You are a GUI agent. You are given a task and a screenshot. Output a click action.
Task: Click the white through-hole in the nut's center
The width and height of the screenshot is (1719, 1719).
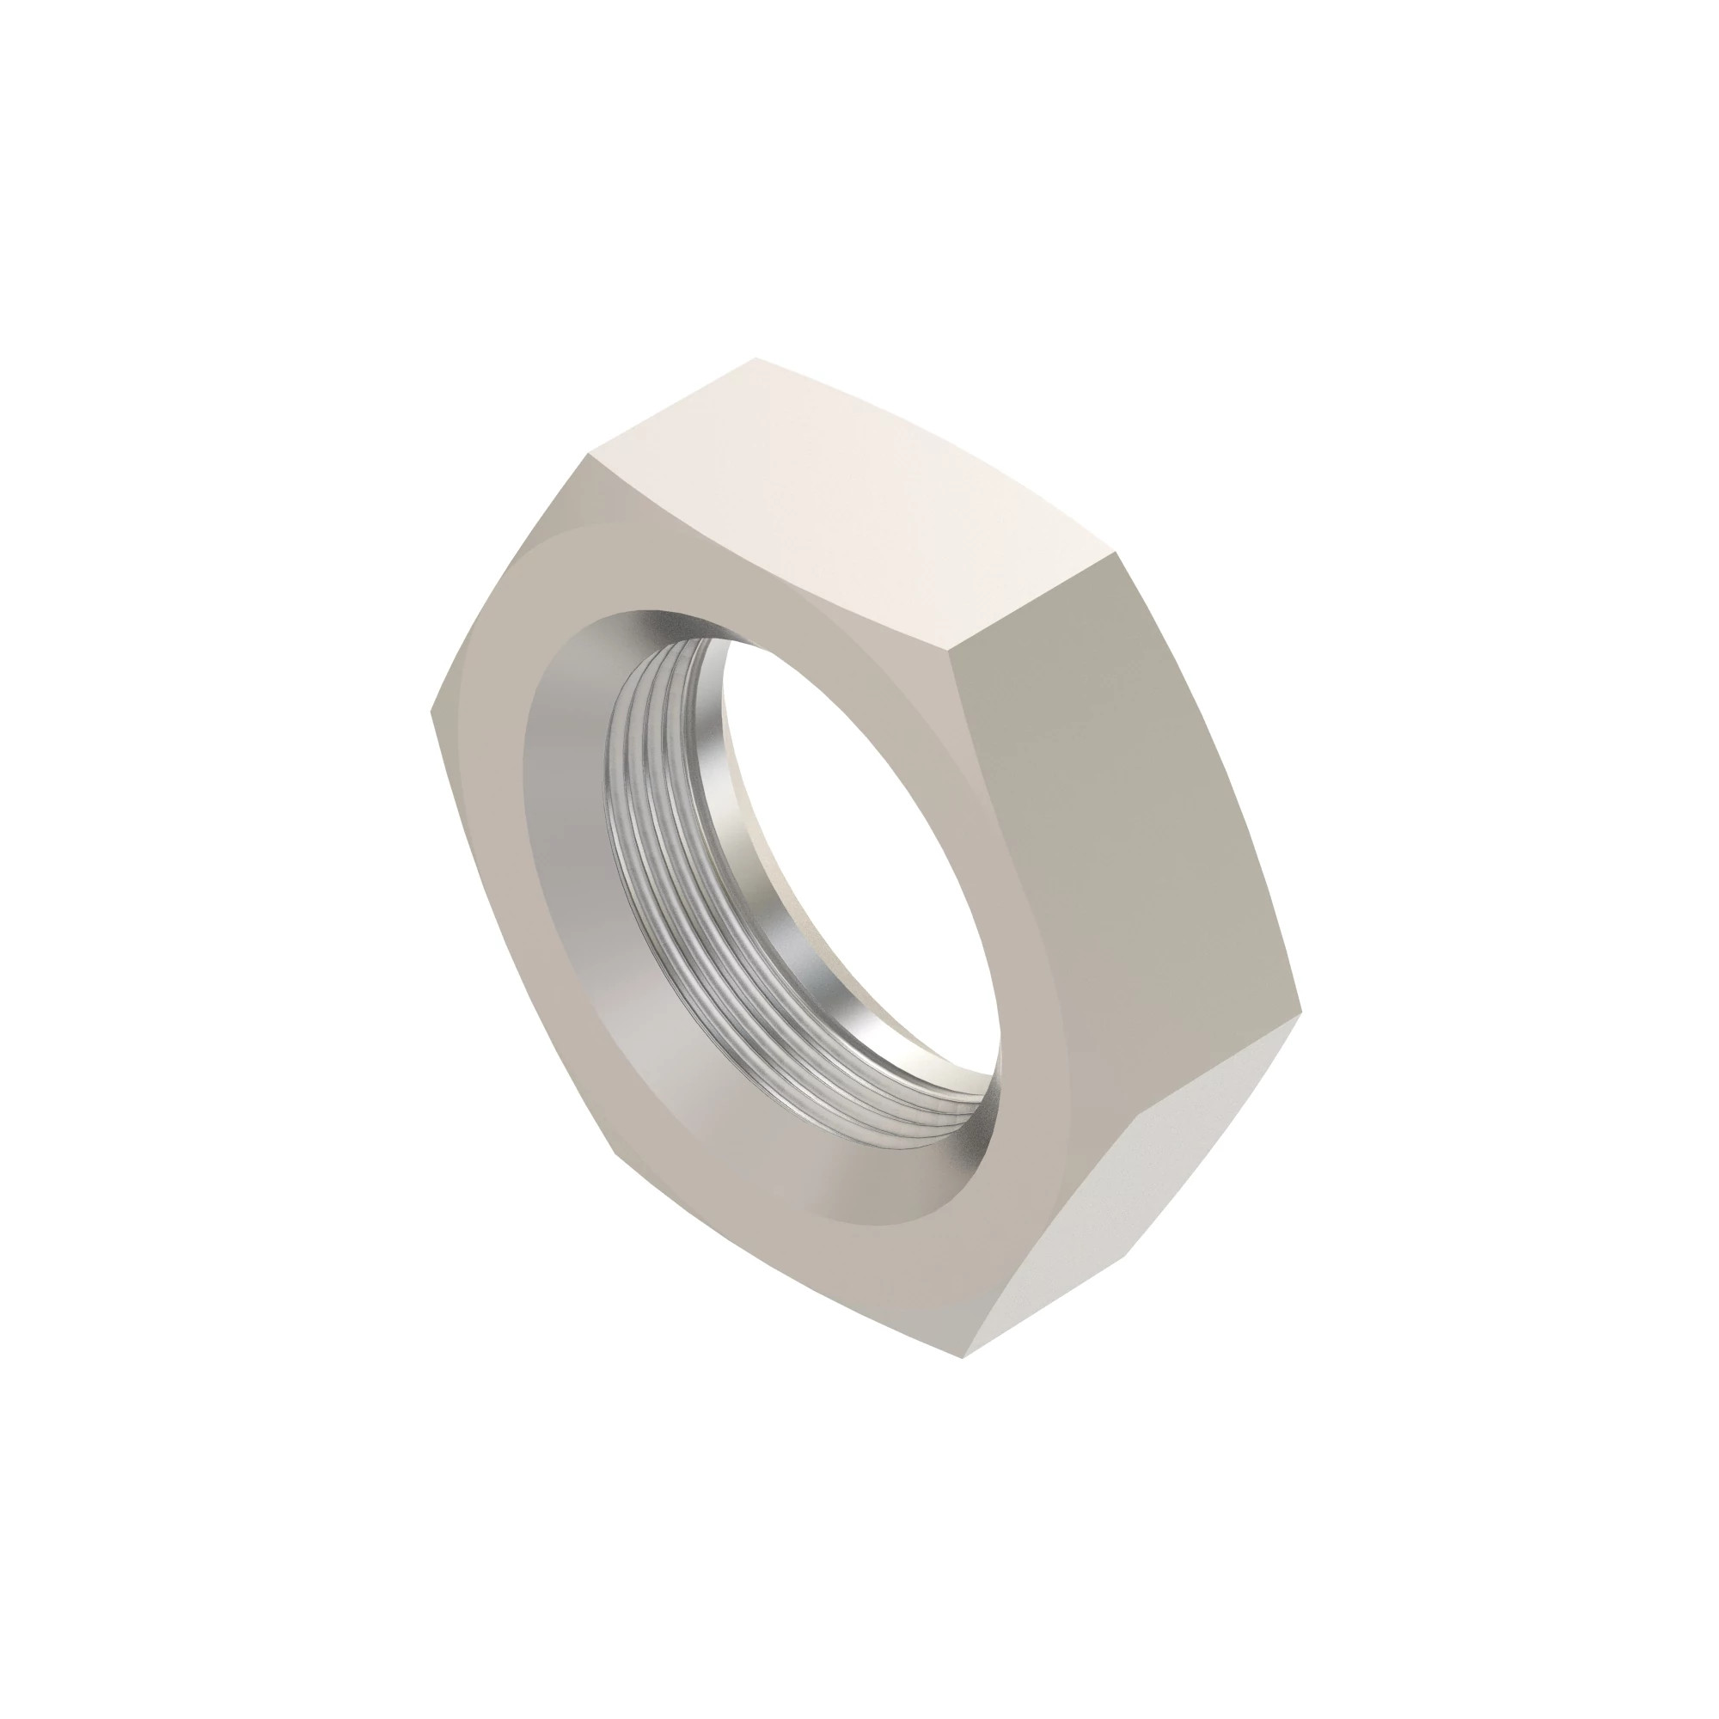click(854, 845)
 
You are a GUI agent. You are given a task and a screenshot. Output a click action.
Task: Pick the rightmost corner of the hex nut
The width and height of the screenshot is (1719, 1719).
click(1301, 1012)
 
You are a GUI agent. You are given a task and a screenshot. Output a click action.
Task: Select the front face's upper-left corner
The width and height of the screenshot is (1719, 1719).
click(588, 456)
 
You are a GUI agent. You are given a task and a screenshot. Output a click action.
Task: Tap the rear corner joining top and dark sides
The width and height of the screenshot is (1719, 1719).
click(1117, 554)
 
